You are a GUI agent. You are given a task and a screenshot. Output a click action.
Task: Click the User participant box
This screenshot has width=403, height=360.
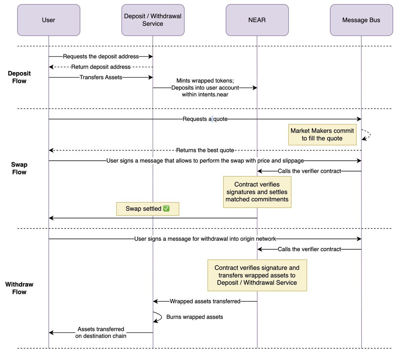[49, 20]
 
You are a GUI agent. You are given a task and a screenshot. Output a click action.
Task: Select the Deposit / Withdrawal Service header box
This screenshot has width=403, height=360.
[153, 20]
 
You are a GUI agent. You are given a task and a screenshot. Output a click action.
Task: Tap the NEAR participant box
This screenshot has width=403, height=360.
[257, 20]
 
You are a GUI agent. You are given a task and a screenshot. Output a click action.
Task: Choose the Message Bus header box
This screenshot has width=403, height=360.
[361, 20]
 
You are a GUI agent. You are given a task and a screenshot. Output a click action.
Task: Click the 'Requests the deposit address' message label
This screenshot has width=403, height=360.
[101, 56]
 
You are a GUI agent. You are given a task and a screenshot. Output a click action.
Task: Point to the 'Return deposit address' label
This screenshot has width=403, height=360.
[101, 67]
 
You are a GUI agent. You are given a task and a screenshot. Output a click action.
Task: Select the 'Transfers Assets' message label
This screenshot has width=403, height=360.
[101, 77]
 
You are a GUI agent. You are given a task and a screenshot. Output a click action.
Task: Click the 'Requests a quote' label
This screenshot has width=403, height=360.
[205, 119]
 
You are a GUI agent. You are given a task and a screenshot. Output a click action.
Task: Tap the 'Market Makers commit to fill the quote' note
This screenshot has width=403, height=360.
[322, 135]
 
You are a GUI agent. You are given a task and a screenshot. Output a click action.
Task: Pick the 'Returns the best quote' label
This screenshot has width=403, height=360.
[205, 150]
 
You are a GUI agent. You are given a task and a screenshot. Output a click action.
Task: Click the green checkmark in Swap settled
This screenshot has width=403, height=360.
[166, 208]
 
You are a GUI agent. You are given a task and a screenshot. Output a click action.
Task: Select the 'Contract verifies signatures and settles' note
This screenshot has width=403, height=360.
[257, 192]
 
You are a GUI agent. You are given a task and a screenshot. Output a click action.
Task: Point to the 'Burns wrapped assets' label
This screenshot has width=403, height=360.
[194, 317]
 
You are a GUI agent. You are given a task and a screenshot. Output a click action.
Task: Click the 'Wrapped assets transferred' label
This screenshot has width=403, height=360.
[205, 301]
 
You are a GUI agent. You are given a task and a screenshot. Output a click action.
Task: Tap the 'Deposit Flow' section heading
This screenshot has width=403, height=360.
[19, 77]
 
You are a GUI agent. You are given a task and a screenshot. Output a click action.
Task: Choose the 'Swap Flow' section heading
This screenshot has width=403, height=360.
[19, 168]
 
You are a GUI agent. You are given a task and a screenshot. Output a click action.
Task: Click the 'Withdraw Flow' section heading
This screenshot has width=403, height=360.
[19, 288]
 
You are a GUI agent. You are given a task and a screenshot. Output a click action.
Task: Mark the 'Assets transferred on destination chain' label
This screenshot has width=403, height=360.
[101, 332]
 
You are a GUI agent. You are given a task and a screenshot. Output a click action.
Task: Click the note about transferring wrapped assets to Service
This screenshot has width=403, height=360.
[257, 275]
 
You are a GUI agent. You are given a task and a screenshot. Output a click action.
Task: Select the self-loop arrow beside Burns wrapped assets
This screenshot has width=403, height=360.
[161, 316]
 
